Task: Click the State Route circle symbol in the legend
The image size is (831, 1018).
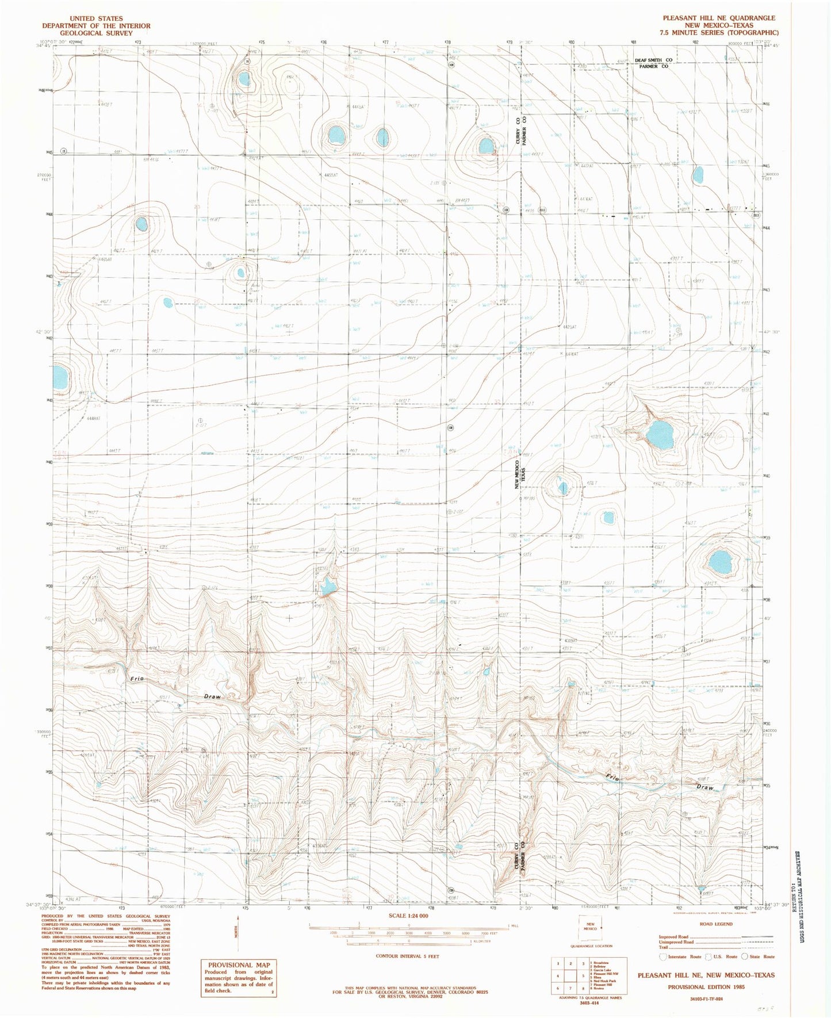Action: [x=745, y=956]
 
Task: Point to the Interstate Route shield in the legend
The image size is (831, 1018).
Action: [x=662, y=956]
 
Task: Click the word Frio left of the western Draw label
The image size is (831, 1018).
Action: [x=137, y=679]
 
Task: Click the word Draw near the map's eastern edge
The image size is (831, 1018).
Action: [x=705, y=787]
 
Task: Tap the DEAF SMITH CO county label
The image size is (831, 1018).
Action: [x=653, y=60]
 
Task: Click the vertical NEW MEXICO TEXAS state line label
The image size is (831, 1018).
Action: [x=520, y=474]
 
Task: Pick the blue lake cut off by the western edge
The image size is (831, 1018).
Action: [x=60, y=378]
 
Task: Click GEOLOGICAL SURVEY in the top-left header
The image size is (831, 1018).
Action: [x=96, y=33]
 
